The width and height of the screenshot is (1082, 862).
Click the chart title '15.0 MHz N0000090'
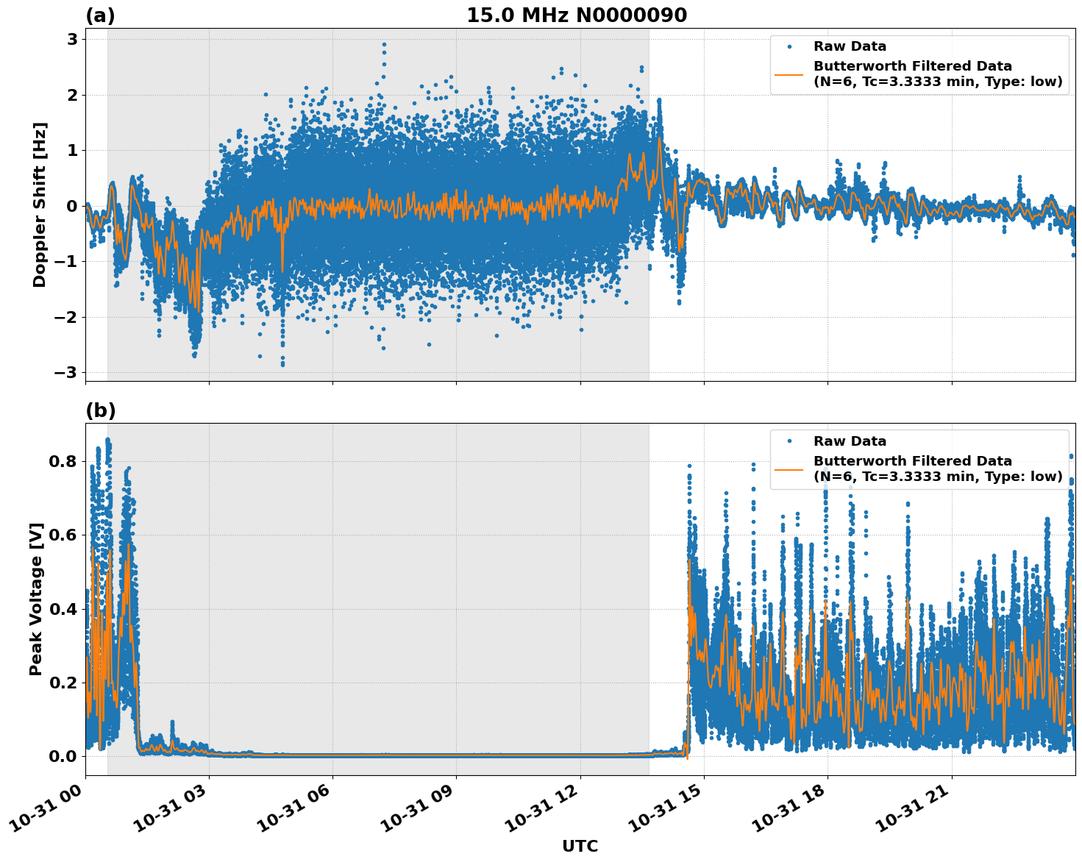[576, 15]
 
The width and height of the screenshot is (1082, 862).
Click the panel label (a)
[100, 15]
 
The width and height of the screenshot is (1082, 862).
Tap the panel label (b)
[100, 411]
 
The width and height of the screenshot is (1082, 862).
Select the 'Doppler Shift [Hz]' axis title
[40, 204]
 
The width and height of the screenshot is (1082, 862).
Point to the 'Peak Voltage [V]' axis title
[36, 599]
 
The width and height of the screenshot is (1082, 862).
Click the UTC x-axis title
[580, 846]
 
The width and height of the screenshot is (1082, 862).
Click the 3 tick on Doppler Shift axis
[72, 39]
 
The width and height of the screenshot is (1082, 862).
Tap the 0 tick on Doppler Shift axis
[72, 206]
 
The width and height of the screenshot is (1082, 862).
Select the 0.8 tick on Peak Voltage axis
[64, 461]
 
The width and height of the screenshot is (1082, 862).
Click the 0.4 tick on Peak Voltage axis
[64, 609]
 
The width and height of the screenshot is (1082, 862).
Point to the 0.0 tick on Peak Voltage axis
[64, 756]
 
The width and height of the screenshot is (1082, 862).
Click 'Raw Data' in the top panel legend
[850, 47]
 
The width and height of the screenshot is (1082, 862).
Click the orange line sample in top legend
[789, 74]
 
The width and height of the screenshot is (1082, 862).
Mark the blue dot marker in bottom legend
[789, 441]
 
